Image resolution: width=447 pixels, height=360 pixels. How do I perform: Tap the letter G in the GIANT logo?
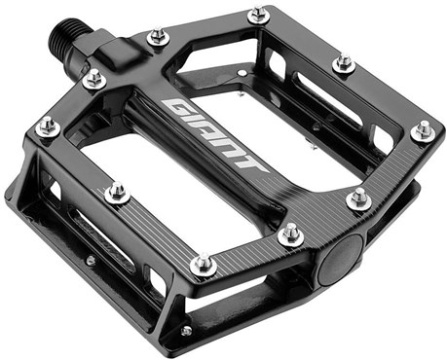[x=178, y=104]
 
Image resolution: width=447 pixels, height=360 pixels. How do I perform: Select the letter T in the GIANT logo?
[x=252, y=160]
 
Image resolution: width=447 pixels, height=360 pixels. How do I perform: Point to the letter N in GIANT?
[x=235, y=145]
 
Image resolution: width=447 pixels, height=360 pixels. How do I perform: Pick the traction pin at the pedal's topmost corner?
[x=258, y=16]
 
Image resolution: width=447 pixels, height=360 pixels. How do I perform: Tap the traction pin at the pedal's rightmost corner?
[x=423, y=129]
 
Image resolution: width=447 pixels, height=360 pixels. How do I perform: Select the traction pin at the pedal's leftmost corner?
[x=46, y=126]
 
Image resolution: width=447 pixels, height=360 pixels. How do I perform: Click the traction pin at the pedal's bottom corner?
[x=202, y=264]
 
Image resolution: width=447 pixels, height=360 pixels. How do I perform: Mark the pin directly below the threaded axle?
[x=93, y=80]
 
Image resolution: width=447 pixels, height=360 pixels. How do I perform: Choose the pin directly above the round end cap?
[x=358, y=199]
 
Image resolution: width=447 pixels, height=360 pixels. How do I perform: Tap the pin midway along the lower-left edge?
[x=118, y=192]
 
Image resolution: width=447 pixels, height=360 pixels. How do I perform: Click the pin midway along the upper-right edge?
[x=343, y=64]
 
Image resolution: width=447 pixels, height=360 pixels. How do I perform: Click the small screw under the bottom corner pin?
[x=185, y=332]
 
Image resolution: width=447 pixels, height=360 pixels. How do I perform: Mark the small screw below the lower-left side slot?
[x=89, y=261]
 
